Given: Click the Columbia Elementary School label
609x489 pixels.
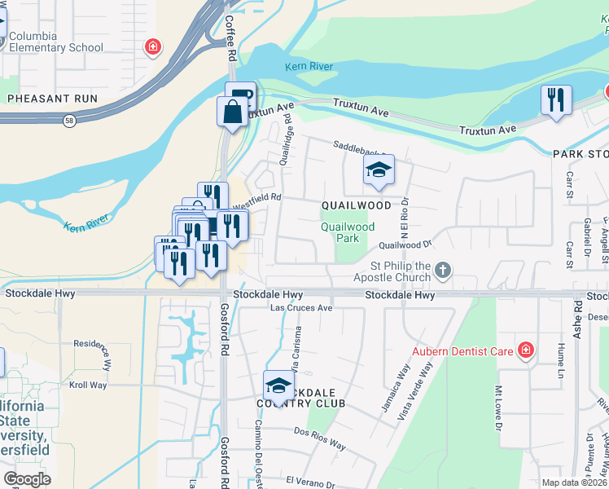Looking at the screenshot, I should tap(56, 42).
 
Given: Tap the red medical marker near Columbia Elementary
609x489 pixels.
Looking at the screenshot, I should tap(151, 47).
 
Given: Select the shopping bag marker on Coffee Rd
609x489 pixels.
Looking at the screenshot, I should tap(232, 112).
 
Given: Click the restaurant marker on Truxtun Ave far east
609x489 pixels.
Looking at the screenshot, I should tap(556, 100).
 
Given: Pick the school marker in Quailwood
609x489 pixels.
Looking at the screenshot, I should tap(379, 170).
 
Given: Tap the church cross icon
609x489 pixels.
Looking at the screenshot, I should tap(442, 269).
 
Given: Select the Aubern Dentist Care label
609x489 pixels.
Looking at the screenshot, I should tap(462, 352).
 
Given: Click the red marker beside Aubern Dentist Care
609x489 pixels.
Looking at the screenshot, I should tap(526, 351).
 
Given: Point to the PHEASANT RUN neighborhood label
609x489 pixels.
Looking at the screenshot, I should tap(52, 99).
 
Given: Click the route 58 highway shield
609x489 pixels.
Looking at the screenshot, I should tap(70, 121).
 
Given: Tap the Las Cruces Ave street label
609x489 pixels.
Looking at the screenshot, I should tap(301, 308).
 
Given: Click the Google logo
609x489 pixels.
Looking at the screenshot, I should tap(27, 479).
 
